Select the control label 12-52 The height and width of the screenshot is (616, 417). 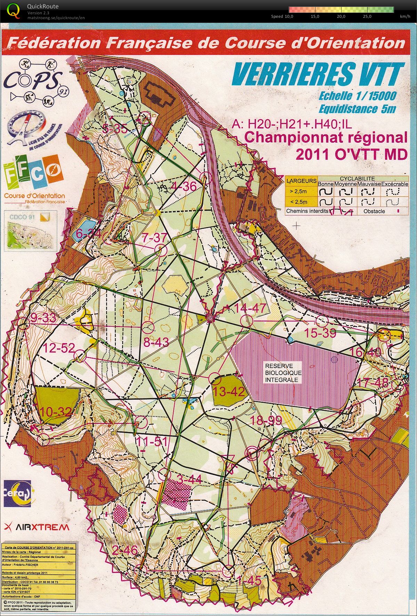pyautogui.click(x=59, y=348)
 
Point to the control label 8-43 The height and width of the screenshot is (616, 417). pyautogui.click(x=156, y=342)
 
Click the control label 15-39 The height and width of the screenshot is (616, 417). pyautogui.click(x=320, y=333)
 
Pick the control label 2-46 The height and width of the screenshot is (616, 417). pyautogui.click(x=125, y=550)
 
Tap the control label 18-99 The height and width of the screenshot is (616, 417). pyautogui.click(x=266, y=421)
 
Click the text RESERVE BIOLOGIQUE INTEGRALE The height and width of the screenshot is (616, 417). pyautogui.click(x=283, y=373)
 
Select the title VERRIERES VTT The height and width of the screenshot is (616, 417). pyautogui.click(x=318, y=74)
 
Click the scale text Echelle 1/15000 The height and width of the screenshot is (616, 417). pyautogui.click(x=357, y=96)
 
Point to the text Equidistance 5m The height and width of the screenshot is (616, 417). pyautogui.click(x=357, y=109)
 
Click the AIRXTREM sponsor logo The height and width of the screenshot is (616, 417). pyautogui.click(x=37, y=527)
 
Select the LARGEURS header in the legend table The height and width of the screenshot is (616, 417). pyautogui.click(x=301, y=181)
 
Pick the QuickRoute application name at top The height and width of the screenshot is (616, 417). pyautogui.click(x=42, y=6)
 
